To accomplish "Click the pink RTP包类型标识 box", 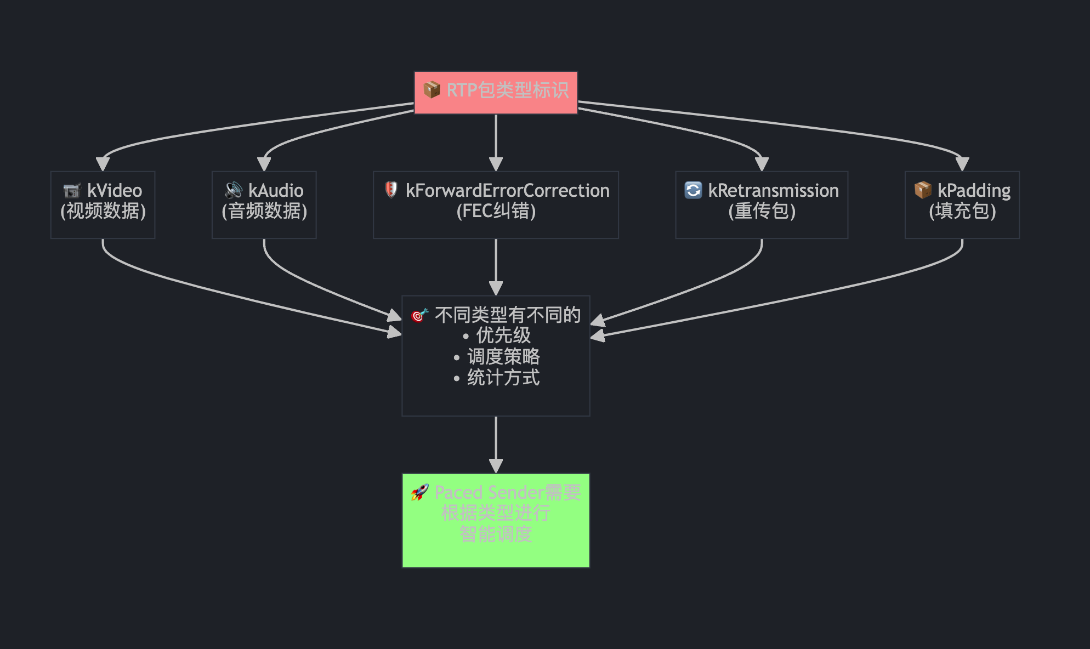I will click(496, 92).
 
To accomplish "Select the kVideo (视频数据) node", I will click(103, 204).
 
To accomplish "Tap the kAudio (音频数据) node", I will click(264, 204).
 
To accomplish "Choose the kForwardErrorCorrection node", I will click(496, 204).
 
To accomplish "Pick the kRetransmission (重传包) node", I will click(762, 204).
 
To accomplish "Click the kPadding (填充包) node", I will click(962, 204).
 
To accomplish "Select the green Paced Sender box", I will click(496, 520).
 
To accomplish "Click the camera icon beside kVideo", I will click(72, 190).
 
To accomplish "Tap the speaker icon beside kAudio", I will click(234, 190).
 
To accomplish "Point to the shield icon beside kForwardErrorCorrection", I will click(391, 190).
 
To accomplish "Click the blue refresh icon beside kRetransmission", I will click(693, 190).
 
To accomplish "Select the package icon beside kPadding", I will click(923, 190).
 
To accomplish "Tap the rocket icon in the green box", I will click(420, 492).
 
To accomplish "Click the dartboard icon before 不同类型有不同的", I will click(419, 315).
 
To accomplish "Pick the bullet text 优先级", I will click(503, 335).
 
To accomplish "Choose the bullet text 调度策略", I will click(503, 356).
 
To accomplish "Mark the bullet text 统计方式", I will click(503, 378).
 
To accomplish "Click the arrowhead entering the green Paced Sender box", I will click(496, 466).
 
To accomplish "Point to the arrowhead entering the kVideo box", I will click(103, 164).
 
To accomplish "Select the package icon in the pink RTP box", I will click(432, 89).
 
